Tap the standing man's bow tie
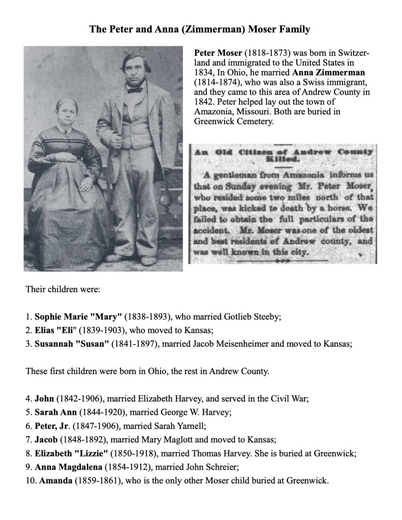[x=135, y=90]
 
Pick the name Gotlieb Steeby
[x=252, y=317]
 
